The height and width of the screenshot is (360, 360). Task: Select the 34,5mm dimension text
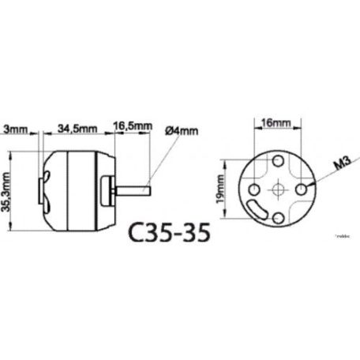77,126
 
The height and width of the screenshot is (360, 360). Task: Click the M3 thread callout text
341,163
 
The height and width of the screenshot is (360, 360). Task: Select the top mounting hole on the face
279,163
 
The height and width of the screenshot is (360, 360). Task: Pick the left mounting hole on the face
253,190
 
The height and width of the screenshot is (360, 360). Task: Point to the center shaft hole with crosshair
279,189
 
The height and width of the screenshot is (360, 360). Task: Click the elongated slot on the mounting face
259,210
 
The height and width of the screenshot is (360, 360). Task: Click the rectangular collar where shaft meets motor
111,189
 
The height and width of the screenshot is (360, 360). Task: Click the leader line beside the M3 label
320,178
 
